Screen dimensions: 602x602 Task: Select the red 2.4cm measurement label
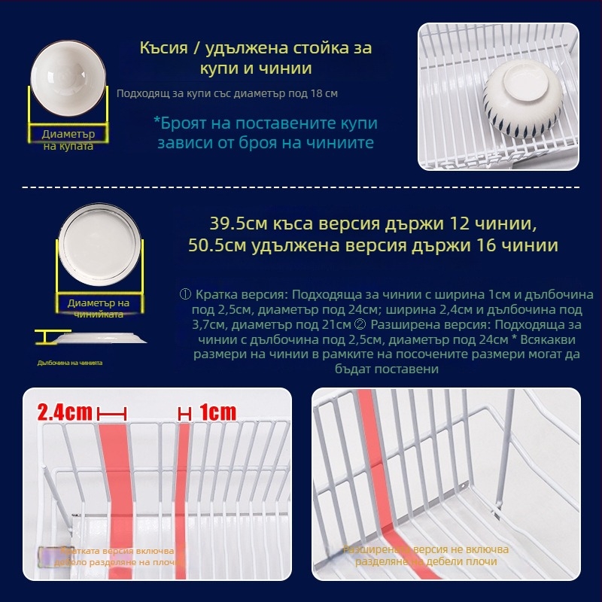(66, 412)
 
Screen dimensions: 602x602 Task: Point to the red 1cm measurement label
(217, 412)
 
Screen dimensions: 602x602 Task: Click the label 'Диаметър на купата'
(68, 139)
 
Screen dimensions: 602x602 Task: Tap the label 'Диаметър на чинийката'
(99, 308)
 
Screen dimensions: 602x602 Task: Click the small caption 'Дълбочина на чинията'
(70, 362)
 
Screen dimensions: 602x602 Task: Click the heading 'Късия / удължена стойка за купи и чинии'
(256, 58)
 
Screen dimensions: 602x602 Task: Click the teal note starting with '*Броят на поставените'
(265, 132)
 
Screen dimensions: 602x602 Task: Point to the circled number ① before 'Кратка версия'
(186, 294)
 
